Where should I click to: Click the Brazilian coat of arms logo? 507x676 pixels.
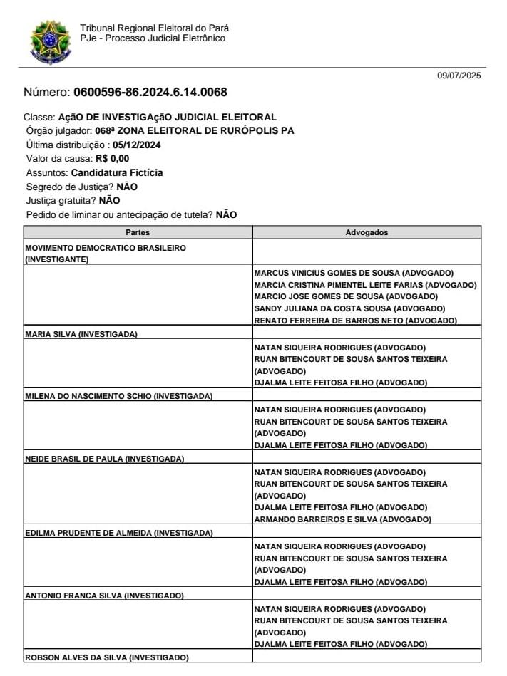click(50, 41)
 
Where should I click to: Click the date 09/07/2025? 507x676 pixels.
click(459, 76)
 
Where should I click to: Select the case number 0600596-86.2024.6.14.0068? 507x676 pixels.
click(150, 93)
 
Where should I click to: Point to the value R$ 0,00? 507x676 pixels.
click(112, 159)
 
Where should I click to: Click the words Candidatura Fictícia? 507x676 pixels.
click(117, 172)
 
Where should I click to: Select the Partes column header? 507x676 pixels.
click(138, 232)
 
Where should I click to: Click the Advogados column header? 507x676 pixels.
click(367, 232)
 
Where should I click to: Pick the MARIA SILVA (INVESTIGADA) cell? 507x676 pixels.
click(81, 333)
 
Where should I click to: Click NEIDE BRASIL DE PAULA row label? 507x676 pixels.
click(74, 458)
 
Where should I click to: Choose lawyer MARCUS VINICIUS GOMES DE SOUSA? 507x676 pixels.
click(354, 272)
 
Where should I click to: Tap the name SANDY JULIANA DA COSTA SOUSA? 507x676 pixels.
click(349, 308)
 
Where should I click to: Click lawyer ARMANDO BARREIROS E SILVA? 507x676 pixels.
click(342, 519)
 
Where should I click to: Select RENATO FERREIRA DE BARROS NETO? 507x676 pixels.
click(355, 321)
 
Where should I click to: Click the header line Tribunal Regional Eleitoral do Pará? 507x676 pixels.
click(155, 28)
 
